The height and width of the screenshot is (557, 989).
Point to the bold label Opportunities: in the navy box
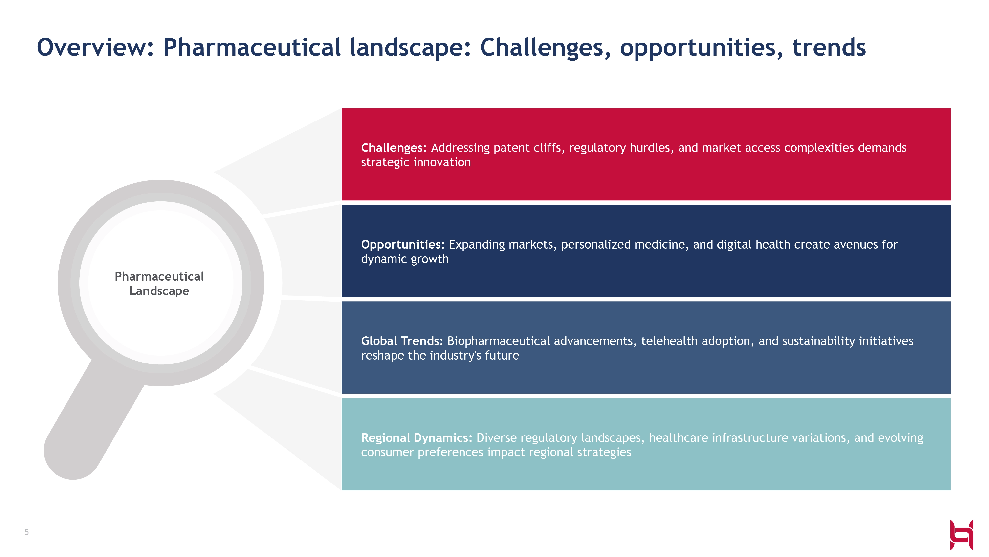(403, 245)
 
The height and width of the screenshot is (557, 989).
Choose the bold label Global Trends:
(402, 341)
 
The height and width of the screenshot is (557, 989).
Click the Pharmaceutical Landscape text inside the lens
(159, 284)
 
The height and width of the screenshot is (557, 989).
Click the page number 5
(27, 533)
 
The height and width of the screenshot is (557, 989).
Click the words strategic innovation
(416, 163)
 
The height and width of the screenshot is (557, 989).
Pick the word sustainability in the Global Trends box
(818, 341)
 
